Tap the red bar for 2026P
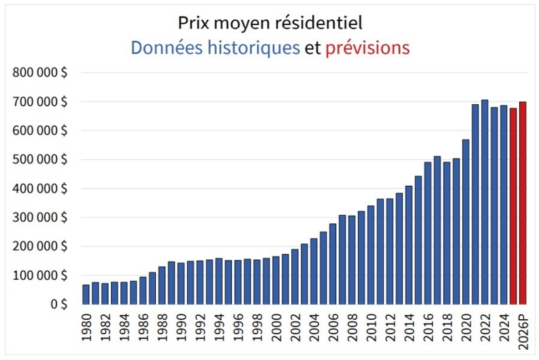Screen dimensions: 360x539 point(523,203)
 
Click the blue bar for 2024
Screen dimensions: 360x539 point(504,205)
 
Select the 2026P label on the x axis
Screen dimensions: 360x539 point(523,331)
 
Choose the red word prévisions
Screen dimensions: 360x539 point(367,48)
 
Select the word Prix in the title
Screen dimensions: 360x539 point(192,22)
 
